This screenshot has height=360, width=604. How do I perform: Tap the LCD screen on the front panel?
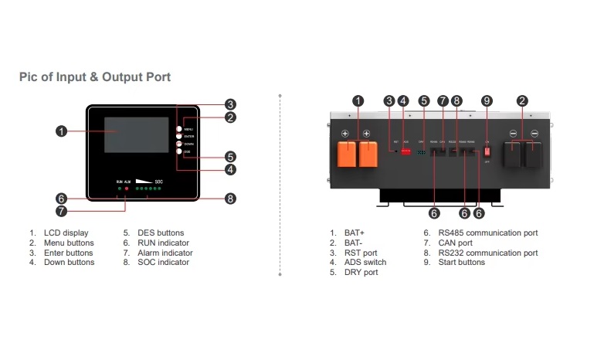point(137,135)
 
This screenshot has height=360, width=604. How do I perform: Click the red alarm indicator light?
point(127,188)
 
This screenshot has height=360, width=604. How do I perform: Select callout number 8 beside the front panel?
point(230,199)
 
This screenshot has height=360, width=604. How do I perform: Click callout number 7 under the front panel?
point(61,210)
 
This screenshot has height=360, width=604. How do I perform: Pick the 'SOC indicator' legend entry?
point(162,263)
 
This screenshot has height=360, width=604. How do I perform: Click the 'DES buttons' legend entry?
point(161,233)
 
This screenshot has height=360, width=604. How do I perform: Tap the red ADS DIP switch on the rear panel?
point(406,150)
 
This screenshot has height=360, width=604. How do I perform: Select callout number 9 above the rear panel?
point(487,100)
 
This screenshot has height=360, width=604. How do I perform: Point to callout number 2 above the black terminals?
point(523,100)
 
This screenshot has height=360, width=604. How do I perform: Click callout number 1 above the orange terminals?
point(358,100)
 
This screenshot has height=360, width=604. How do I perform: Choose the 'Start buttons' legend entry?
point(461,263)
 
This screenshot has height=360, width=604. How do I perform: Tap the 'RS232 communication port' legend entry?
point(487,253)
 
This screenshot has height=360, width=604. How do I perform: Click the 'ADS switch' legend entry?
point(365,263)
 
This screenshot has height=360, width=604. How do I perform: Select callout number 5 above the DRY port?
point(423,100)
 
